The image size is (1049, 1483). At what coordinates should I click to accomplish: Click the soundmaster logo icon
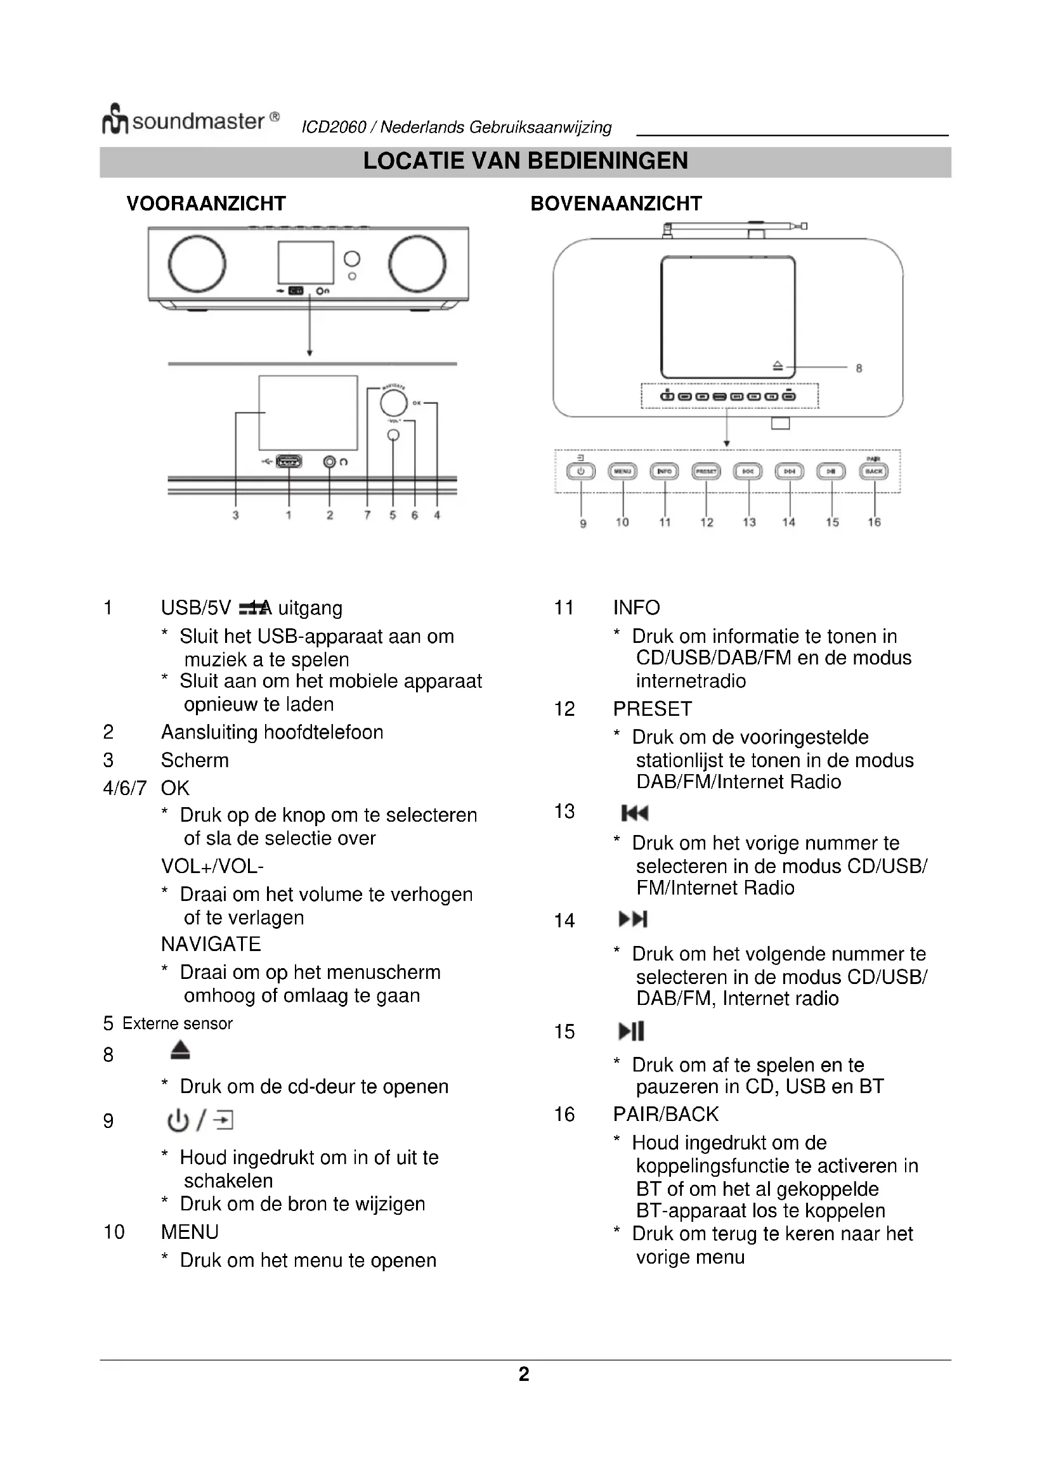tap(115, 119)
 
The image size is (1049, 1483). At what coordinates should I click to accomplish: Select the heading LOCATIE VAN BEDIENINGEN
tap(525, 161)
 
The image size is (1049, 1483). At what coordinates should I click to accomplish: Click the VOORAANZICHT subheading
tap(206, 204)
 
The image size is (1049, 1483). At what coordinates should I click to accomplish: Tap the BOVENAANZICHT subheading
tap(616, 204)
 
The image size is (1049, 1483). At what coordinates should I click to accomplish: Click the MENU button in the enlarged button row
tap(623, 472)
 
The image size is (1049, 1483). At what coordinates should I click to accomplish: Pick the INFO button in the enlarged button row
tap(664, 472)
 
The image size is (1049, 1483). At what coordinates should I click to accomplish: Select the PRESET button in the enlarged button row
tap(706, 472)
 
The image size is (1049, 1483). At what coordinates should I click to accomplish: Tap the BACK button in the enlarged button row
tap(874, 472)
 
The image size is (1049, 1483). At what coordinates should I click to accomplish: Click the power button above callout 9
tap(581, 472)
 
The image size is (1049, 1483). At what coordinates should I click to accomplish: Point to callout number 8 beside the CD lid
tap(859, 368)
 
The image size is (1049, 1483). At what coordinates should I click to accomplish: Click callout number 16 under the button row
tap(874, 522)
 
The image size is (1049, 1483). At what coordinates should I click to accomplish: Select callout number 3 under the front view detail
tap(236, 515)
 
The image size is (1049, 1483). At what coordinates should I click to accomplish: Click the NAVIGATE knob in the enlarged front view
tap(393, 403)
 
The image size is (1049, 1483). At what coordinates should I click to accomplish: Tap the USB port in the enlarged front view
tap(289, 461)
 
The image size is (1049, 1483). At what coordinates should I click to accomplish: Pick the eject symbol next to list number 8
tap(180, 1050)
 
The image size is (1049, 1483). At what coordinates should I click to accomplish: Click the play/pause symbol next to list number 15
tap(631, 1031)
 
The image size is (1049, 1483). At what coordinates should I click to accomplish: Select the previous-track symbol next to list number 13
tap(634, 813)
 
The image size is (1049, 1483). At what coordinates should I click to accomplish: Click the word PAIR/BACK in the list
tap(665, 1114)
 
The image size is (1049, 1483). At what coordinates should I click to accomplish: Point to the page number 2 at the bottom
tap(524, 1374)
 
